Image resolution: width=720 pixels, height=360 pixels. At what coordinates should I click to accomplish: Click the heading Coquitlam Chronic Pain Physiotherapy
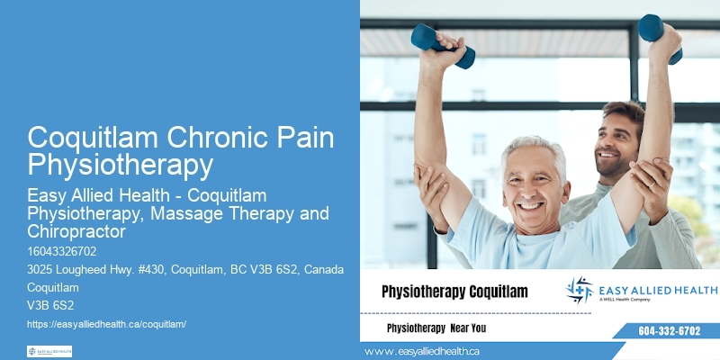[181, 151]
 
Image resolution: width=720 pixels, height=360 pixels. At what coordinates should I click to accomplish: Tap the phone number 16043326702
[61, 251]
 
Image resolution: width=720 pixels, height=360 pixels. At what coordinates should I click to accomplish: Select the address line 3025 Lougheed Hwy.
[180, 271]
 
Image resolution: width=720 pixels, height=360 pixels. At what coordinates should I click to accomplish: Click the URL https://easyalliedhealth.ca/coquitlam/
[106, 323]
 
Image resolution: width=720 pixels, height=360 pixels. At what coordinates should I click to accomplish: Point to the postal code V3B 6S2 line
[50, 305]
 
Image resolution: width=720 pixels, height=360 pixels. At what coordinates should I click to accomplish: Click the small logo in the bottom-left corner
[49, 351]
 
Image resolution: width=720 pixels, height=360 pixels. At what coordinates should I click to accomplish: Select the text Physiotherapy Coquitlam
[454, 292]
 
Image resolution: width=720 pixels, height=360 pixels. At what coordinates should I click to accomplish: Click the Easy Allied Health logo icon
[580, 290]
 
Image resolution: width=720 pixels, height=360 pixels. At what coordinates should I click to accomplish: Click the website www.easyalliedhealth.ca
[422, 351]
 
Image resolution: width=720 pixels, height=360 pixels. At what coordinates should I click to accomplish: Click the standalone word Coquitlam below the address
[53, 288]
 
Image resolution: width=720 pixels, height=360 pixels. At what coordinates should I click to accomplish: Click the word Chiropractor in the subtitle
[77, 231]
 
